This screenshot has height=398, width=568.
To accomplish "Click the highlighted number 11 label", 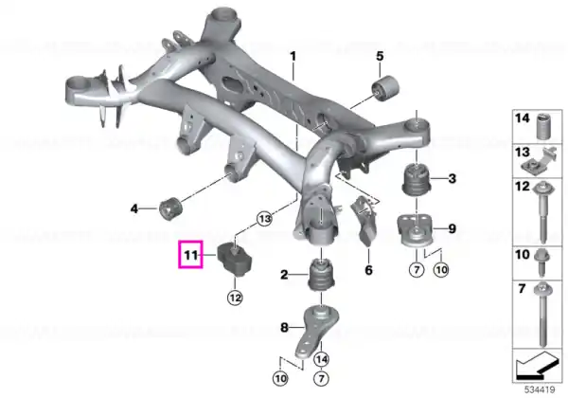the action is point(190,255).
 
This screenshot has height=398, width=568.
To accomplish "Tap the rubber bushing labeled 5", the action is point(386,88).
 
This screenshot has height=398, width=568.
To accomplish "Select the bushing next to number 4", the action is point(170,208).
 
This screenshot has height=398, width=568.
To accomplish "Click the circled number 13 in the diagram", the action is point(265,219).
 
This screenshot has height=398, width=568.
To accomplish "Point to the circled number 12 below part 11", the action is point(235,298).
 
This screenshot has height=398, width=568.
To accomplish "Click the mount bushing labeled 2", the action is point(321,275).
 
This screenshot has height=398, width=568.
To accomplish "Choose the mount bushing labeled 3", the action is point(417,180).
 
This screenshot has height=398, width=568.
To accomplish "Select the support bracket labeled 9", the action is point(416,231).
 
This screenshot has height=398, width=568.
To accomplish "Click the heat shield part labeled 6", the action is point(364,220).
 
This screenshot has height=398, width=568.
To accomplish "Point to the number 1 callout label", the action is point(293,57).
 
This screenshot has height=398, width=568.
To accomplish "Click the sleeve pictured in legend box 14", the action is point(543,126).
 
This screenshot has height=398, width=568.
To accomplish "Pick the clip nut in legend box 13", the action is point(541,162).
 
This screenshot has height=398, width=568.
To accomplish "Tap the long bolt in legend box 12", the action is point(543,211).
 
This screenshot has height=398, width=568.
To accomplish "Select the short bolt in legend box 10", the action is point(541,262).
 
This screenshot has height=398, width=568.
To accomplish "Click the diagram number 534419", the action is point(540,390).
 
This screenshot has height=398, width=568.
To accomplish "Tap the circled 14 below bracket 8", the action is point(321,359).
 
